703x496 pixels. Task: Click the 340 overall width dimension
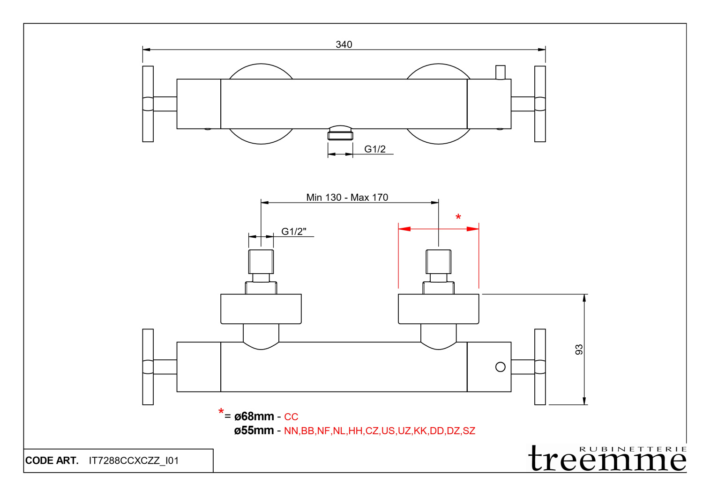[344, 44]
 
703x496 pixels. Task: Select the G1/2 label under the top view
[375, 149]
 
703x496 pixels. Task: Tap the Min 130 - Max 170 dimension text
[347, 197]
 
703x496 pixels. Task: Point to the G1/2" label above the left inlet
[293, 232]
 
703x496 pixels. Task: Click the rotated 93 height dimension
[579, 350]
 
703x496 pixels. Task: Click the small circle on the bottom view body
[500, 367]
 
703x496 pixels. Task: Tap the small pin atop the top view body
[500, 72]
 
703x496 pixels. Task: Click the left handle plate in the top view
[148, 104]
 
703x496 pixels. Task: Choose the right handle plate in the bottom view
[540, 367]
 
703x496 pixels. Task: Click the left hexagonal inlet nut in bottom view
[261, 262]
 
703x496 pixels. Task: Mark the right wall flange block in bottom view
[438, 309]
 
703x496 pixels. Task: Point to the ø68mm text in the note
[254, 416]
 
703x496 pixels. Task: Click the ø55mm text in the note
[254, 430]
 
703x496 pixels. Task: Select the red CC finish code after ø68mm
[291, 417]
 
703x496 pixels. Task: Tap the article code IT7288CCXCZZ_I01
[134, 460]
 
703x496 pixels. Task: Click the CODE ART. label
[52, 460]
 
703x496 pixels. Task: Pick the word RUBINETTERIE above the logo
[633, 449]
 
